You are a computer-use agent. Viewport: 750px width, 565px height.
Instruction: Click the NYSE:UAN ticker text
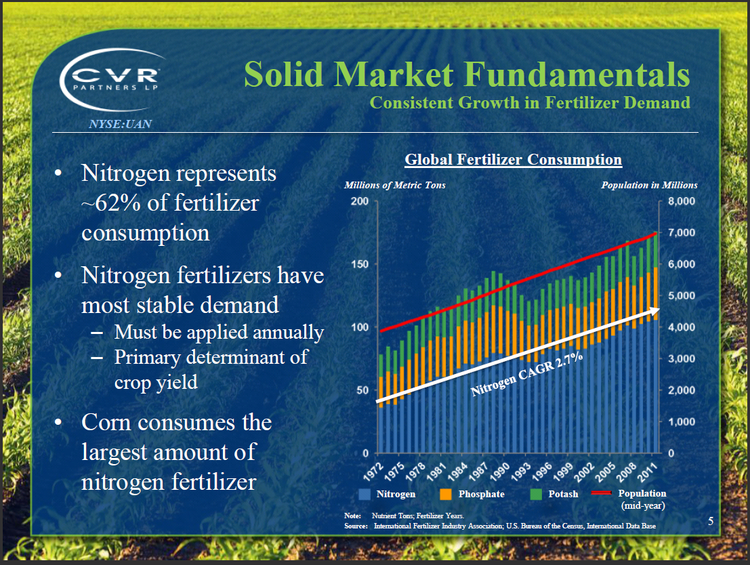pos(120,124)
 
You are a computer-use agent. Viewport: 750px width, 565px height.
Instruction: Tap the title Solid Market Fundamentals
pos(466,75)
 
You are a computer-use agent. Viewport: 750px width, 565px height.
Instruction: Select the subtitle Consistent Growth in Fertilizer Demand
pos(530,103)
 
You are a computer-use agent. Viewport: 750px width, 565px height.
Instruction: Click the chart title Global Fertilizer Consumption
pos(513,160)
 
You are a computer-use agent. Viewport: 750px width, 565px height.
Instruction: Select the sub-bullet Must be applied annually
pos(219,332)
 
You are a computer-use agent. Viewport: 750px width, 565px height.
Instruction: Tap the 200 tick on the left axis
pos(360,201)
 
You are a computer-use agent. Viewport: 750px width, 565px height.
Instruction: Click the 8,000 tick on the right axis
pos(681,201)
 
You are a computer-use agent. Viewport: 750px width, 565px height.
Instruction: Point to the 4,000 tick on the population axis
pos(681,327)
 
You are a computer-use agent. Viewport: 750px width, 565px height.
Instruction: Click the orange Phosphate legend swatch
pos(446,494)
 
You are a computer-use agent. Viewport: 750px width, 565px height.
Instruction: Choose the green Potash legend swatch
pos(536,494)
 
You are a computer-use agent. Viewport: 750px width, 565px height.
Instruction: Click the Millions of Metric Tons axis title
pos(395,185)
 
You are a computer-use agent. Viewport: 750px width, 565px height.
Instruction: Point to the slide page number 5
pos(711,521)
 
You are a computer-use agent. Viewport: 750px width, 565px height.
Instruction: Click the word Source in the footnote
pos(355,526)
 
